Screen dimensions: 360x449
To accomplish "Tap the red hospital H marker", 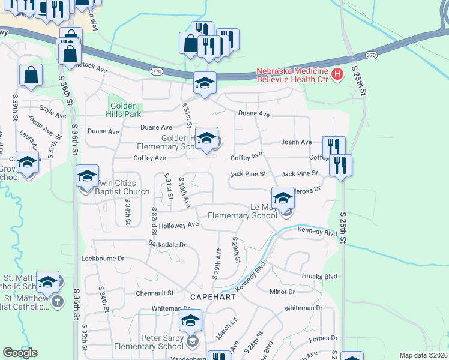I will click(x=337, y=74).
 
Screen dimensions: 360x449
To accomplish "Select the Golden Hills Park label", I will click(x=123, y=109).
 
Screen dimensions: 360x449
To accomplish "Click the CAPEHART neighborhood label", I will click(x=211, y=297).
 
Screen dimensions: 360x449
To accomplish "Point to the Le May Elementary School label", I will click(x=243, y=211).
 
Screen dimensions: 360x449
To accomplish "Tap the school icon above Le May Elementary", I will click(x=283, y=197).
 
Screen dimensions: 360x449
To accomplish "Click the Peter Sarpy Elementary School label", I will click(x=162, y=342).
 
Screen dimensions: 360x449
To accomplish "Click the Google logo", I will click(x=20, y=353).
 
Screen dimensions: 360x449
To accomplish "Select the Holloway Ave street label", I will click(x=179, y=225).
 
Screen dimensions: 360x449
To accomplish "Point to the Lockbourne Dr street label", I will click(x=103, y=258).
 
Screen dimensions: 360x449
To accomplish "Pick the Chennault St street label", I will click(x=154, y=293).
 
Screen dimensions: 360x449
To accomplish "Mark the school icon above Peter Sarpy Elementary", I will click(x=191, y=320).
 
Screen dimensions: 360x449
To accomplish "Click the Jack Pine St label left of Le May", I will click(x=248, y=174).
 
